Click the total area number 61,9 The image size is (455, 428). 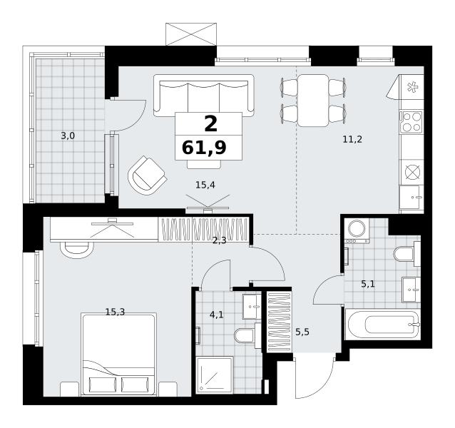204,148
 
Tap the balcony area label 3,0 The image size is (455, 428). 68,136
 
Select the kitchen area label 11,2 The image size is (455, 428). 352,140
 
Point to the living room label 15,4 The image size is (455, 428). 205,185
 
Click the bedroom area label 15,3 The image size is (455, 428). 115,312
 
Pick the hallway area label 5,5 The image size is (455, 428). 302,332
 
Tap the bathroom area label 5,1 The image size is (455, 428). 368,284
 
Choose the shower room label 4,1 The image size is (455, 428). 217,315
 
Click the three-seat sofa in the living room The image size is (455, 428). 204,96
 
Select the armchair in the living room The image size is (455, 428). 148,175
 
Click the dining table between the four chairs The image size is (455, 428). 313,101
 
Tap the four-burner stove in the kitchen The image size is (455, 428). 411,122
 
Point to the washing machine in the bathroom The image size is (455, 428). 357,230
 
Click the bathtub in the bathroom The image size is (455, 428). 382,324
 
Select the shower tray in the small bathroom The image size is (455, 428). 215,375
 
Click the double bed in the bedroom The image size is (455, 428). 118,354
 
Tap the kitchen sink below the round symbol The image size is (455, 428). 411,197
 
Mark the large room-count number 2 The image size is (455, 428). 210,124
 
